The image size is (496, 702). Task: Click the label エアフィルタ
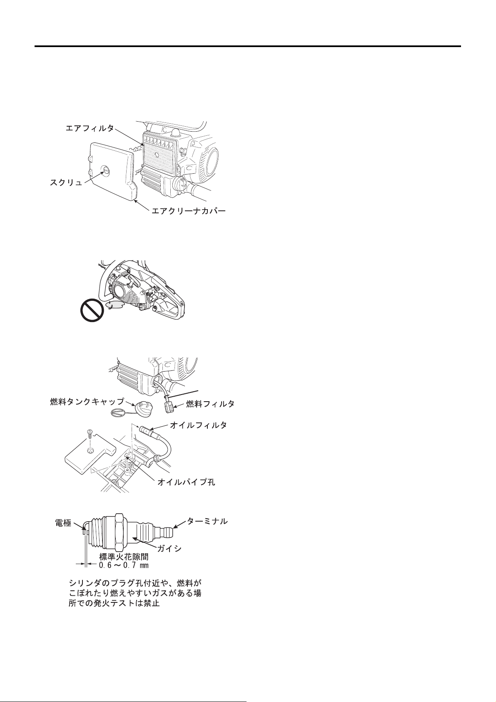(90, 128)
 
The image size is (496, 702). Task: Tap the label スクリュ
(66, 182)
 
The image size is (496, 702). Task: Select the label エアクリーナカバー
(189, 211)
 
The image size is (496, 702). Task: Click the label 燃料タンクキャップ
(87, 402)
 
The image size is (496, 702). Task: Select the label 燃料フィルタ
(210, 404)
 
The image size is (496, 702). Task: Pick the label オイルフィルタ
(198, 425)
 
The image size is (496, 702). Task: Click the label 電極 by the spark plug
(63, 523)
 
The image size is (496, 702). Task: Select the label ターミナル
(207, 521)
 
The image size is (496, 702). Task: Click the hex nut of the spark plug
(119, 533)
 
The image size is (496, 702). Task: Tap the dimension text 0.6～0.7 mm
(123, 565)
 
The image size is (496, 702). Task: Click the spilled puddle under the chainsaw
(115, 305)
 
